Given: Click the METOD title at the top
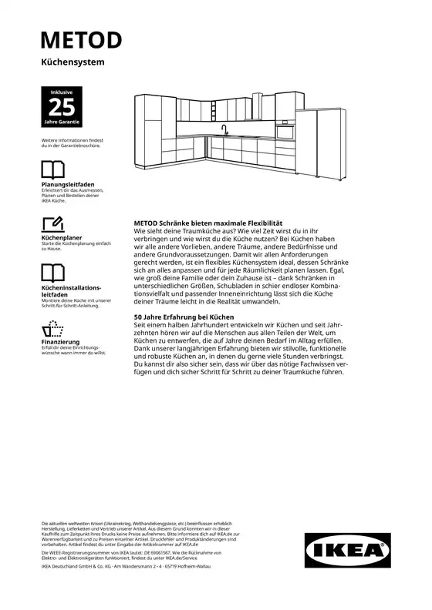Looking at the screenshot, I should (x=81, y=40).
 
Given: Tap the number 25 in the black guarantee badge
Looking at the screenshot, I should (x=61, y=106).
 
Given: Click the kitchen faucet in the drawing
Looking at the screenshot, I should (x=224, y=129).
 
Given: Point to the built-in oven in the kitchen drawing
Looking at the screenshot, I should (x=285, y=132).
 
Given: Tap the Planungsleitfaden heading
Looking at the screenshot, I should (x=68, y=185).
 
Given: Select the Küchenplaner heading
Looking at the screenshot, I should (x=62, y=239).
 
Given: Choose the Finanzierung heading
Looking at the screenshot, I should (x=60, y=341).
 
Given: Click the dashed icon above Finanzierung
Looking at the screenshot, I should (x=52, y=327).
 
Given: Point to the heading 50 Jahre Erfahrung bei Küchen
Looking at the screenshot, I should (x=184, y=317).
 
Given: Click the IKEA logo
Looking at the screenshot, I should (x=347, y=551).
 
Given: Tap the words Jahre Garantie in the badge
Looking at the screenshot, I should (x=61, y=122).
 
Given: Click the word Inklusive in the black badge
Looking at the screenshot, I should (x=61, y=92).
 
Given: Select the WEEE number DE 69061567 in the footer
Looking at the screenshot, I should (x=159, y=552).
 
